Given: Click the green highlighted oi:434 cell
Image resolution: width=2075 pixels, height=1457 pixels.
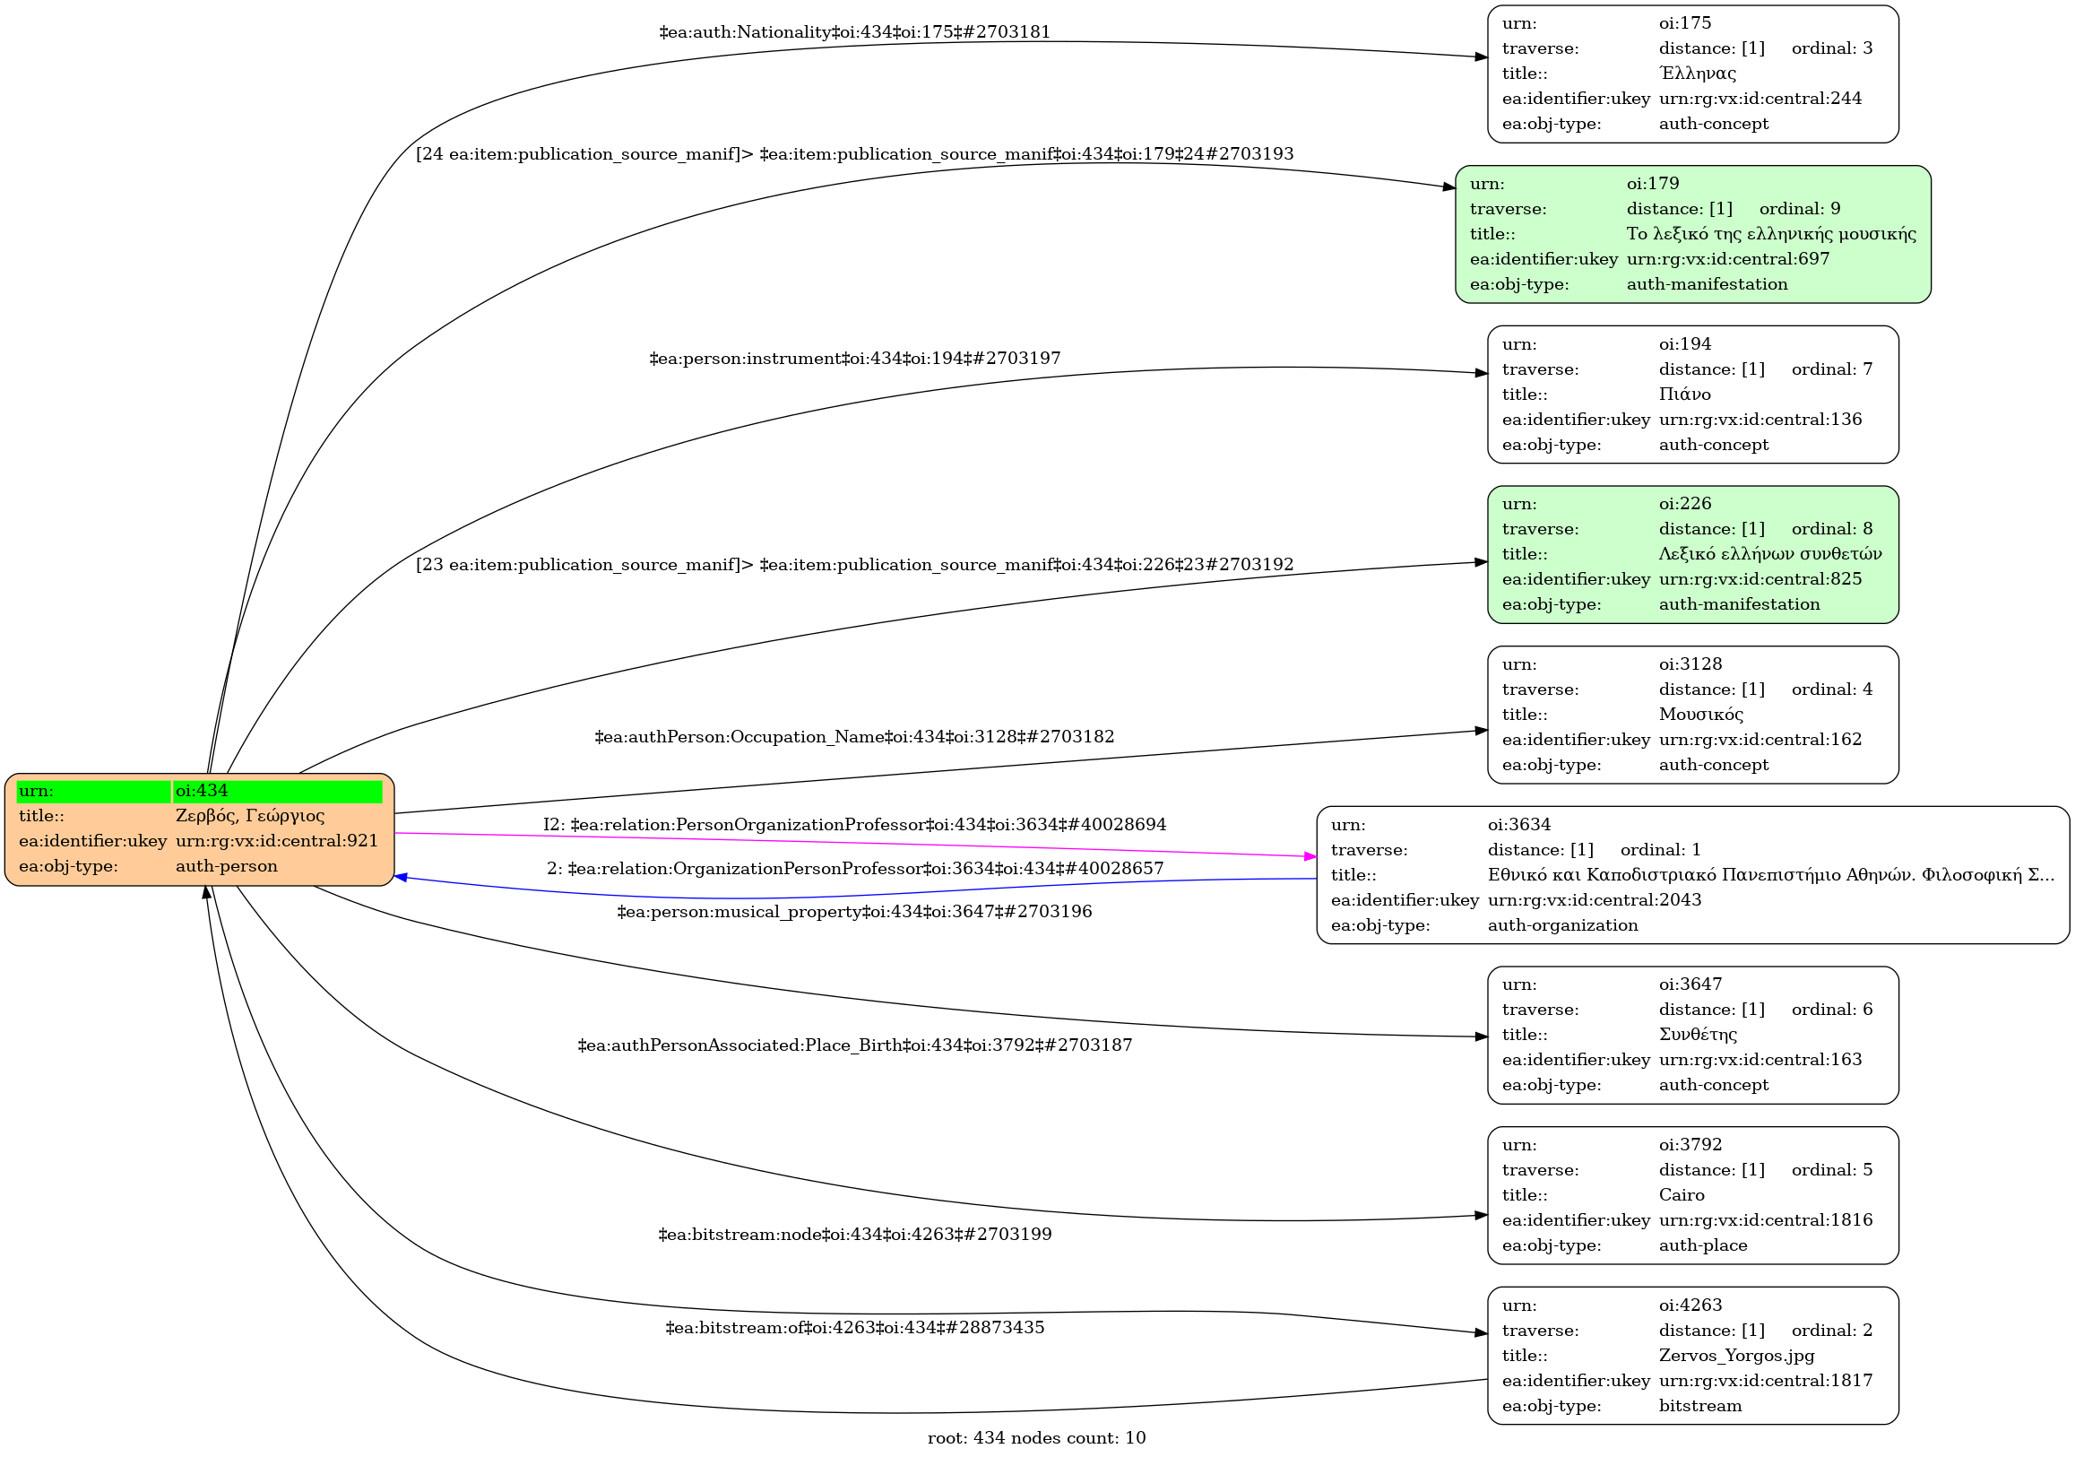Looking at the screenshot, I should point(277,791).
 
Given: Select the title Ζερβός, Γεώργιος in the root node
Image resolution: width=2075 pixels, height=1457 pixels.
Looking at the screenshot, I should point(249,815).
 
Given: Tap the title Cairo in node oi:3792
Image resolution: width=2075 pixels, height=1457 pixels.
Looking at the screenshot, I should point(1681,1195).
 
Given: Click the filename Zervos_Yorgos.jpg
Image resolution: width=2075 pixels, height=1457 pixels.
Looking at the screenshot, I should point(1736,1355).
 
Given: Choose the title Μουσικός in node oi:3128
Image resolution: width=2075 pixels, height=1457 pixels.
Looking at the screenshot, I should point(1701,714).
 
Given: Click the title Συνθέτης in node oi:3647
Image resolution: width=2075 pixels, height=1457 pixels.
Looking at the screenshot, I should point(1698,1034).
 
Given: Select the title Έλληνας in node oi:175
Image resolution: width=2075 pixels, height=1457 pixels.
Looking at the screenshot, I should point(1698,74).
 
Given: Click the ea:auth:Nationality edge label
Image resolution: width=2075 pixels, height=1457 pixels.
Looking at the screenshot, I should point(854,32).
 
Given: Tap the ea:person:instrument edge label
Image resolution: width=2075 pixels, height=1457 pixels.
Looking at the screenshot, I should point(854,359).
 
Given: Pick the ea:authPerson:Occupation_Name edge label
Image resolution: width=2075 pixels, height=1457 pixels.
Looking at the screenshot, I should point(854,737).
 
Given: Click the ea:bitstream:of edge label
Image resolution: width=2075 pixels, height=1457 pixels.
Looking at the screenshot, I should point(854,1328).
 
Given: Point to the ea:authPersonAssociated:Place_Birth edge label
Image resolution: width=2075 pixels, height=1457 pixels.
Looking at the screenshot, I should point(854,1045).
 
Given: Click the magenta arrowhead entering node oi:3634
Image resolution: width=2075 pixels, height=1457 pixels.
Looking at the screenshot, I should point(1310,856).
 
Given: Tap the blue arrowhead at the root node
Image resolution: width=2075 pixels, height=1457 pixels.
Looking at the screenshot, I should point(401,877).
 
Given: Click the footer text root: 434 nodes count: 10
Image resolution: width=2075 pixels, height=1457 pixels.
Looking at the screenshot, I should point(1035,1438).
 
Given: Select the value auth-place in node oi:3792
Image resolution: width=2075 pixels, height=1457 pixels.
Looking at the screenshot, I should point(1703,1245).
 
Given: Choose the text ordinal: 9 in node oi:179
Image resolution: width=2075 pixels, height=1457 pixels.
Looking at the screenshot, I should point(1799,209).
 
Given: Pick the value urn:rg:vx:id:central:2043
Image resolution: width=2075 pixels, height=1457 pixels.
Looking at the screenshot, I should point(1595,899).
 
